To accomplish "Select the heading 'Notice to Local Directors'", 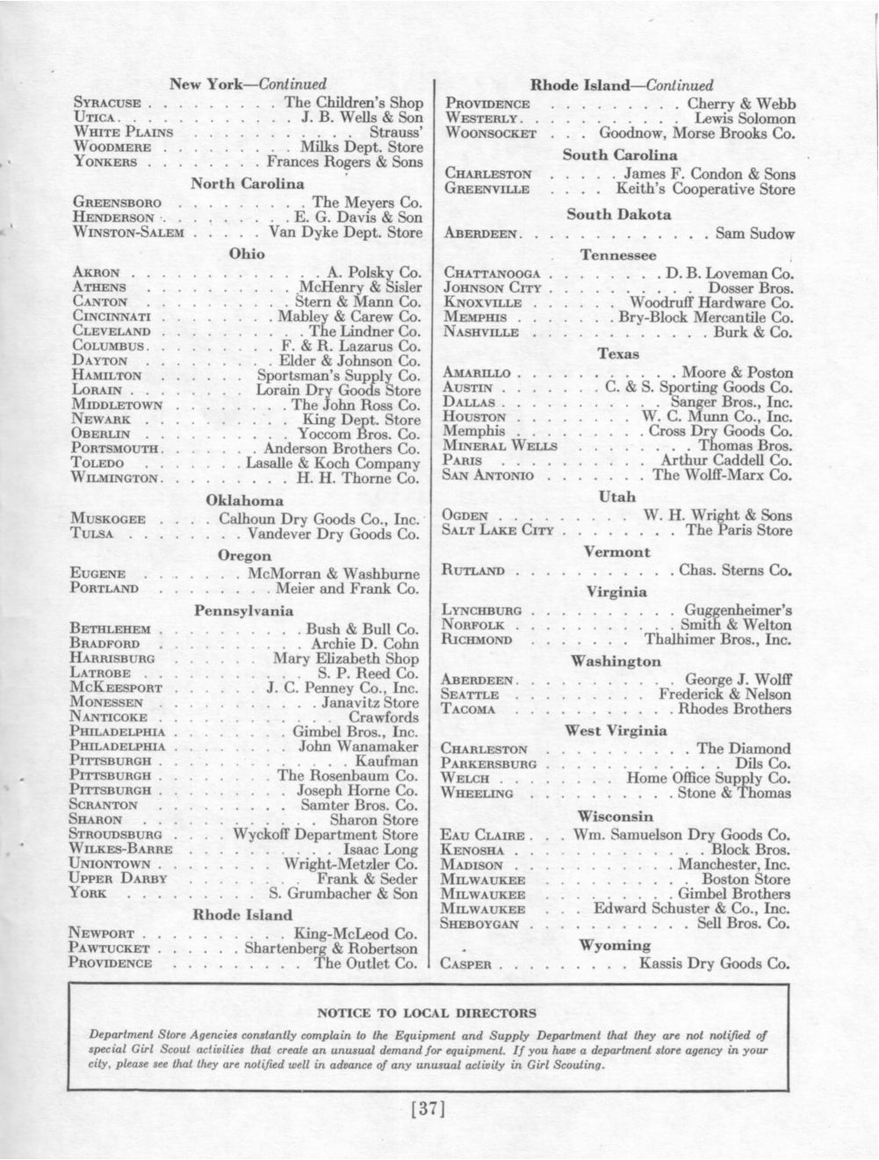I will pos(428,1012).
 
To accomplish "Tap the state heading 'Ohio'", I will pos(246,254).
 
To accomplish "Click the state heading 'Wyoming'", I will pos(616,945).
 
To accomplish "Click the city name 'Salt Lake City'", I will pos(498,530).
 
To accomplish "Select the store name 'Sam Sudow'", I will pos(754,234).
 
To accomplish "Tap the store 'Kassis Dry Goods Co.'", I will pos(715,963).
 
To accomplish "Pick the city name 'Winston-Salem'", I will pos(129,233).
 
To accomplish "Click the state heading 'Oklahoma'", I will pos(245,500).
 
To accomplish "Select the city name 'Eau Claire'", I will pos(484,836).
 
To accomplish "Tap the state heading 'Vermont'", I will pos(616,552).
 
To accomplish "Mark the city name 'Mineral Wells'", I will pos(494,446).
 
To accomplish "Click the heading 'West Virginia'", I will pos(616,730).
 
